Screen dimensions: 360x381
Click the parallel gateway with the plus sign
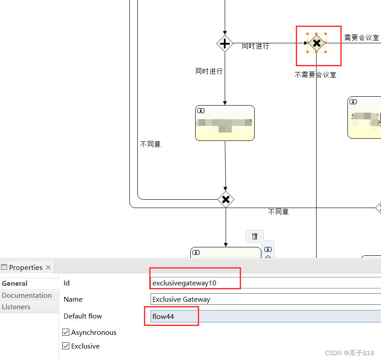pos(225,43)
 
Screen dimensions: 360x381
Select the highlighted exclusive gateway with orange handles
pos(317,43)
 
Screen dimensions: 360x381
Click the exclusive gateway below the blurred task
pos(226,200)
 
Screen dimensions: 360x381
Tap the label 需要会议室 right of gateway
pos(362,38)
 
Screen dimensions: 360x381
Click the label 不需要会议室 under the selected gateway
pos(315,75)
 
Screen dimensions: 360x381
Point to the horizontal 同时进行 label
pos(255,46)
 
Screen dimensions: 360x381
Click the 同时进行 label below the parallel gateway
pos(209,71)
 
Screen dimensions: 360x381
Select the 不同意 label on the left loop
pos(150,144)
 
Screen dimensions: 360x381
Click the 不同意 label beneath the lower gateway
pos(278,212)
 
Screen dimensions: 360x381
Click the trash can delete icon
pos(254,236)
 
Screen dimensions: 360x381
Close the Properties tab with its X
pos(49,268)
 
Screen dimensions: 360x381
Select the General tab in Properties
pos(15,284)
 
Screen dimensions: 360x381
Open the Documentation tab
pos(26,296)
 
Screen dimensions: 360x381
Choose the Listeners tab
pos(16,307)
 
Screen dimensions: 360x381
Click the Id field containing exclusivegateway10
pos(265,283)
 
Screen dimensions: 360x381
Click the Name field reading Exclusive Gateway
pos(265,299)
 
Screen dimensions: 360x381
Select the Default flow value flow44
pos(265,316)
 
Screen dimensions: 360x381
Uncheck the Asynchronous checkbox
pos(66,332)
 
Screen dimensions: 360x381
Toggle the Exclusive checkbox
pos(66,346)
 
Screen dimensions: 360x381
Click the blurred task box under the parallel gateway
pos(225,123)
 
